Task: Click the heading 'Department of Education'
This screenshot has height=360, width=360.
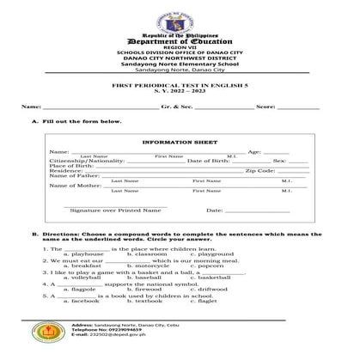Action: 179,41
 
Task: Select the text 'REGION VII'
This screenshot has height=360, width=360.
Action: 179,48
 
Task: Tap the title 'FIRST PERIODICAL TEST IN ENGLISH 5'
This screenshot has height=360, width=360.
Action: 179,87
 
